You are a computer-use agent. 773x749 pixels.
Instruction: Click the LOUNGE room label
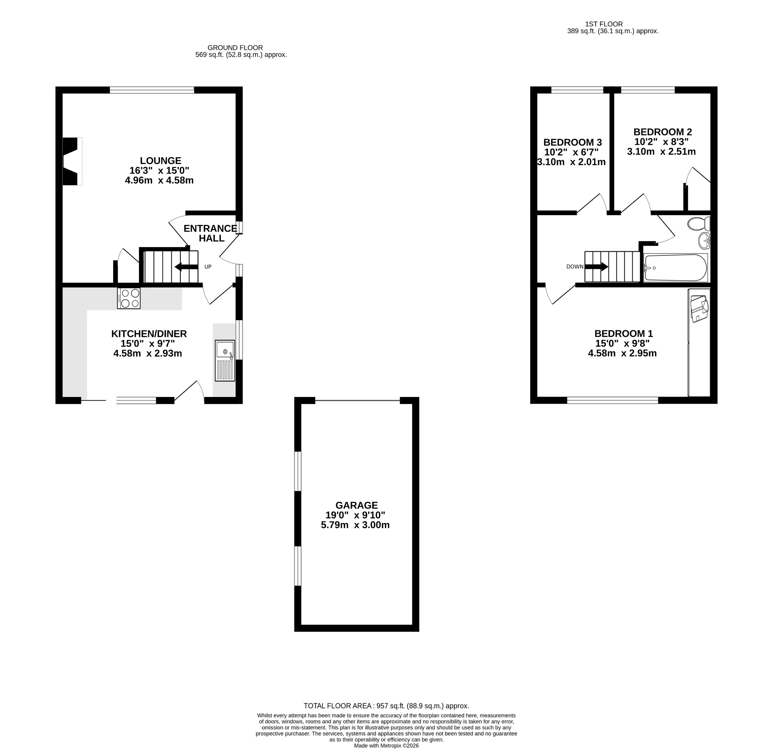point(160,161)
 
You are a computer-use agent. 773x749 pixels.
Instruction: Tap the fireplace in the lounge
point(72,161)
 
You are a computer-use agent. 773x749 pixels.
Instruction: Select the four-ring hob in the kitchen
point(129,298)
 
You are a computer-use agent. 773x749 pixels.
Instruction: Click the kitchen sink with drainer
point(225,361)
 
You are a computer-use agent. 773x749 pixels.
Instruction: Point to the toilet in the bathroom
point(699,224)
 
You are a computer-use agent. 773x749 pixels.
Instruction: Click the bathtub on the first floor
point(676,268)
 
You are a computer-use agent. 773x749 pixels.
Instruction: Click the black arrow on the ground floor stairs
point(186,267)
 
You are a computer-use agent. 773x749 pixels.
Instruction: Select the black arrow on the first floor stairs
point(596,266)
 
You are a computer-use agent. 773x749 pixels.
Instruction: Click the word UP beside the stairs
point(208,267)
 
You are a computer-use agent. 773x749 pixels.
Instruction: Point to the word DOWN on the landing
point(574,267)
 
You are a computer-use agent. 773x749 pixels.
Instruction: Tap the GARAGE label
point(357,505)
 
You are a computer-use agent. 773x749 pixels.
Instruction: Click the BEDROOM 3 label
point(573,142)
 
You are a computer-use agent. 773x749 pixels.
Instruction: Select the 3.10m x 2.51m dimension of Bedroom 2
point(661,151)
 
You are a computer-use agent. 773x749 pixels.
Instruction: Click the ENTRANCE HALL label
point(211,233)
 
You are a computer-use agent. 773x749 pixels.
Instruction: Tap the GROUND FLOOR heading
point(235,48)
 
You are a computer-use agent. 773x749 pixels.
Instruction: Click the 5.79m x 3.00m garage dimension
point(355,525)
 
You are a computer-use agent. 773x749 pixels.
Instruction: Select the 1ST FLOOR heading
point(604,24)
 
